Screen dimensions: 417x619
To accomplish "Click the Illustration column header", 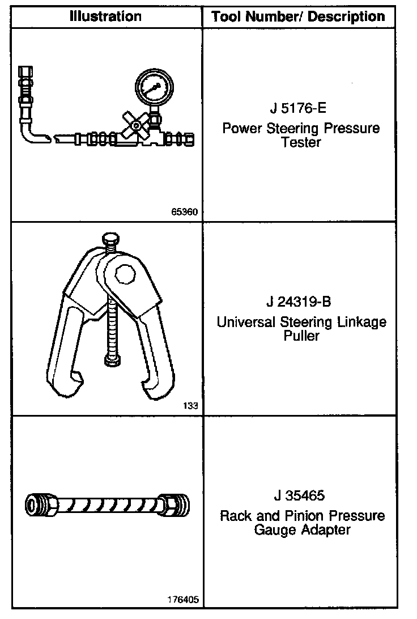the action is (x=105, y=16).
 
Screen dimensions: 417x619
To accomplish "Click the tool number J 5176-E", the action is (x=300, y=108).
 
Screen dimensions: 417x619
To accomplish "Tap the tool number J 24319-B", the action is (x=301, y=302).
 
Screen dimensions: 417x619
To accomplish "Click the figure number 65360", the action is (x=184, y=213).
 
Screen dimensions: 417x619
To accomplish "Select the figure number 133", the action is (x=190, y=406).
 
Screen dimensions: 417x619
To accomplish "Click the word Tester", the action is (x=301, y=142).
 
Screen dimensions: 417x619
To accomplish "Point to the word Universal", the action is (x=246, y=322).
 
